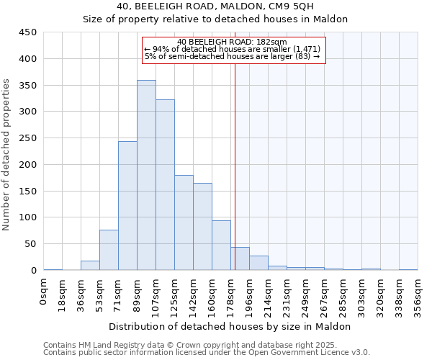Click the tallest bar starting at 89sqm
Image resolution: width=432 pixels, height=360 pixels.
(146, 175)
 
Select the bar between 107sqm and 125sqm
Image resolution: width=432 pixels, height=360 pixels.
(165, 185)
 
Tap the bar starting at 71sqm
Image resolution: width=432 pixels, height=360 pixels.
(127, 206)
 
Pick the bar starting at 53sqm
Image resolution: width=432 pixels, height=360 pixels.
(109, 250)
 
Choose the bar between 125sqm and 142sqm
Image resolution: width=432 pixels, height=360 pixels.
(184, 222)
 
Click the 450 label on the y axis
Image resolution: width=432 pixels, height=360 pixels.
(28, 32)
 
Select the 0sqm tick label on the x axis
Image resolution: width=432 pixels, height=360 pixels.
(44, 292)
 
